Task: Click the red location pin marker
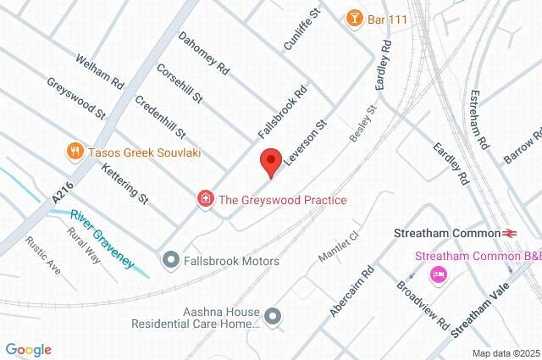270,161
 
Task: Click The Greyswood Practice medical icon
205,200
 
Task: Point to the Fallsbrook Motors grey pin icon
170,260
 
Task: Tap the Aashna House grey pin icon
272,317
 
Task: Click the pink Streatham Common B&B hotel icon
439,274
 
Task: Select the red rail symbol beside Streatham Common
510,232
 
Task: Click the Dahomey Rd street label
203,53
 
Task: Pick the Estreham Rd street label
479,119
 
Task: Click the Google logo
29,349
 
